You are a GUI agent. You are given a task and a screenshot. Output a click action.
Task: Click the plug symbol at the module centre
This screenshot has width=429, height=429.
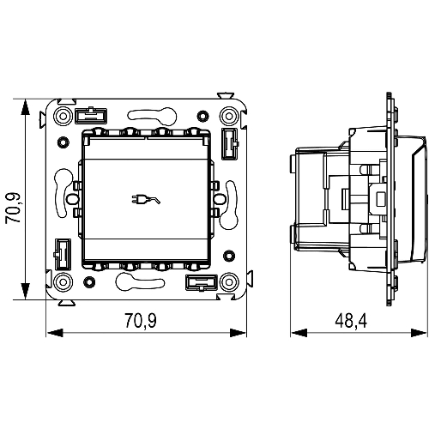point(146,199)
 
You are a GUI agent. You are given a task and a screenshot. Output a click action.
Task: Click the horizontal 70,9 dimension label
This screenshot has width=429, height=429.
point(141,320)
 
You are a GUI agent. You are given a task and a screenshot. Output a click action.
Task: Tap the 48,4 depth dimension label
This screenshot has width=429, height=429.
point(351,320)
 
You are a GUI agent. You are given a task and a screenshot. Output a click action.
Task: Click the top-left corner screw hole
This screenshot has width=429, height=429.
point(63,116)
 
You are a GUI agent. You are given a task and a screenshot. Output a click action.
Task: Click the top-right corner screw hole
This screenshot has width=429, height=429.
point(229,116)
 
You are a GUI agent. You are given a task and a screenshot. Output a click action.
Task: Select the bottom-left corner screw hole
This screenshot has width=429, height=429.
point(63,282)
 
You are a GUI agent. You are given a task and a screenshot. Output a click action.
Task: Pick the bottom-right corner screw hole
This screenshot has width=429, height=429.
point(229,282)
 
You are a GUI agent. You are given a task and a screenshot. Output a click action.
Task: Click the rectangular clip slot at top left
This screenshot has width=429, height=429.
point(91,116)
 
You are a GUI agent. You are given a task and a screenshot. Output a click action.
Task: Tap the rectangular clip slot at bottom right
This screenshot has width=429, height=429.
point(202,282)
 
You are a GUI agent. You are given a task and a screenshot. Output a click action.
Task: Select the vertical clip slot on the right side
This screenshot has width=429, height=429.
point(230,143)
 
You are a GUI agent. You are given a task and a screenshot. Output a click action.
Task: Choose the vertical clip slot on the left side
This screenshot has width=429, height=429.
point(63,255)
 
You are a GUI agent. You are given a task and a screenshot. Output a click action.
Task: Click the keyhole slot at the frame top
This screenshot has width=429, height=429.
point(152,115)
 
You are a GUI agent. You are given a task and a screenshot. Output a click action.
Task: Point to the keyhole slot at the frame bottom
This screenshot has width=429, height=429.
point(140,281)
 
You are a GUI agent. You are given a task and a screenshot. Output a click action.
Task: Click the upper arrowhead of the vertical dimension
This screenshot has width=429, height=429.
point(26,107)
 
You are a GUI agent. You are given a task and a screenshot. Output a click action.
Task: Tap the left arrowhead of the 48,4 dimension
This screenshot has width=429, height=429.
point(299,333)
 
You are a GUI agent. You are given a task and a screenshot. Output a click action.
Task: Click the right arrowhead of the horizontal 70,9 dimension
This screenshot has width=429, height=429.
point(238,333)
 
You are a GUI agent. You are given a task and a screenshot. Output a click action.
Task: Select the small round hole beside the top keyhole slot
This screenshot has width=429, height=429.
point(202,116)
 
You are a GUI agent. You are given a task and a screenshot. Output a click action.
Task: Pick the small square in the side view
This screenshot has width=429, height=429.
point(381,199)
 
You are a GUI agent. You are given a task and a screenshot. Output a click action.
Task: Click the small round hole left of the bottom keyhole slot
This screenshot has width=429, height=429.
point(89,282)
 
